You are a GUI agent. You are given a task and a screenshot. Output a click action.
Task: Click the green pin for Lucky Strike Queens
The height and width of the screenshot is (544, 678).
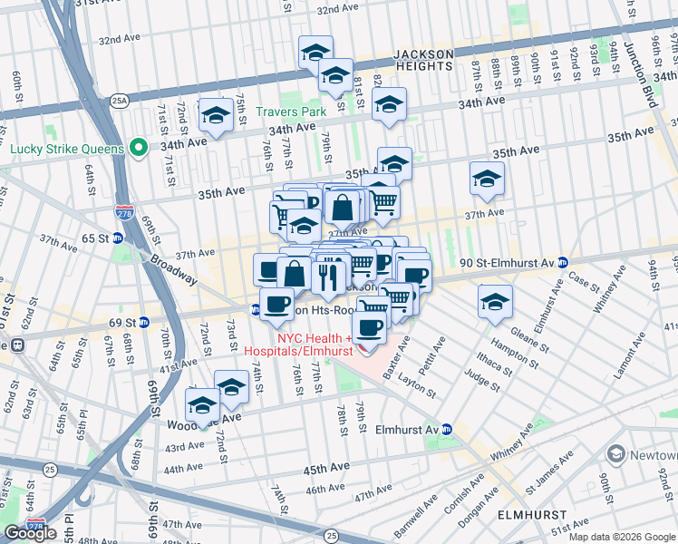click(138, 147)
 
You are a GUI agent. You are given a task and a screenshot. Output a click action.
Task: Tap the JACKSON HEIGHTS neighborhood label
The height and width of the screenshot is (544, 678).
click(423, 60)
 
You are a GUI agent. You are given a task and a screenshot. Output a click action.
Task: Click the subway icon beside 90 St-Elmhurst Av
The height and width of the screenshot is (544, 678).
click(563, 262)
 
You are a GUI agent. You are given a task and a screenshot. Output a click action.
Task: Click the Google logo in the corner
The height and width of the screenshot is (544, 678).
click(30, 532)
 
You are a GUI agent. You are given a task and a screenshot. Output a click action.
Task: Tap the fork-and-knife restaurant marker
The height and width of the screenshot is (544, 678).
click(328, 274)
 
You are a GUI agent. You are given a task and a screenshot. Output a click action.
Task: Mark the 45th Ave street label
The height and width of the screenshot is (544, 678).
click(326, 469)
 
